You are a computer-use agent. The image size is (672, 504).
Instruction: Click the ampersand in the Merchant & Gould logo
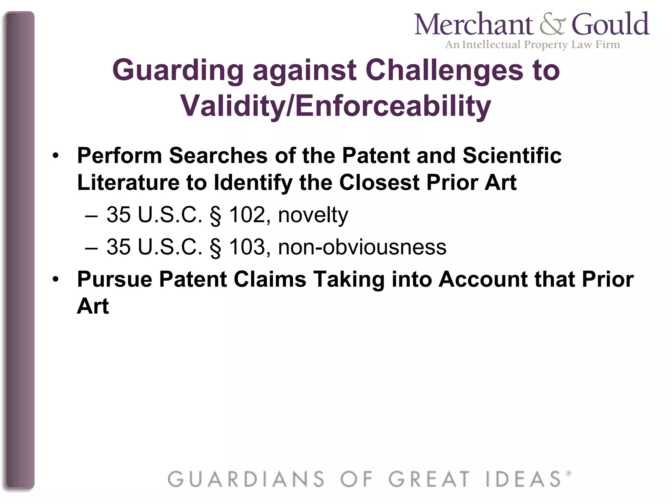tap(552, 25)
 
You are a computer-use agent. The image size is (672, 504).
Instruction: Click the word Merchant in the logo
tap(474, 25)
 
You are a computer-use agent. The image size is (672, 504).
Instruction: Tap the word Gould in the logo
tap(610, 24)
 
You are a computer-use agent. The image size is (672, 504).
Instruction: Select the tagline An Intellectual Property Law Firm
tap(532, 44)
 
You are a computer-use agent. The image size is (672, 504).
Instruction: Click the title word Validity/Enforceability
tap(335, 106)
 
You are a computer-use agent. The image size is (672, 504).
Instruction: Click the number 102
tap(247, 215)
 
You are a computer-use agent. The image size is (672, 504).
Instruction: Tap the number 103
tap(247, 247)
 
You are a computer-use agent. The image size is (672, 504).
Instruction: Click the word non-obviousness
tap(362, 247)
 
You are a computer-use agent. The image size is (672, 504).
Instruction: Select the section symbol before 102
tap(215, 216)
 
